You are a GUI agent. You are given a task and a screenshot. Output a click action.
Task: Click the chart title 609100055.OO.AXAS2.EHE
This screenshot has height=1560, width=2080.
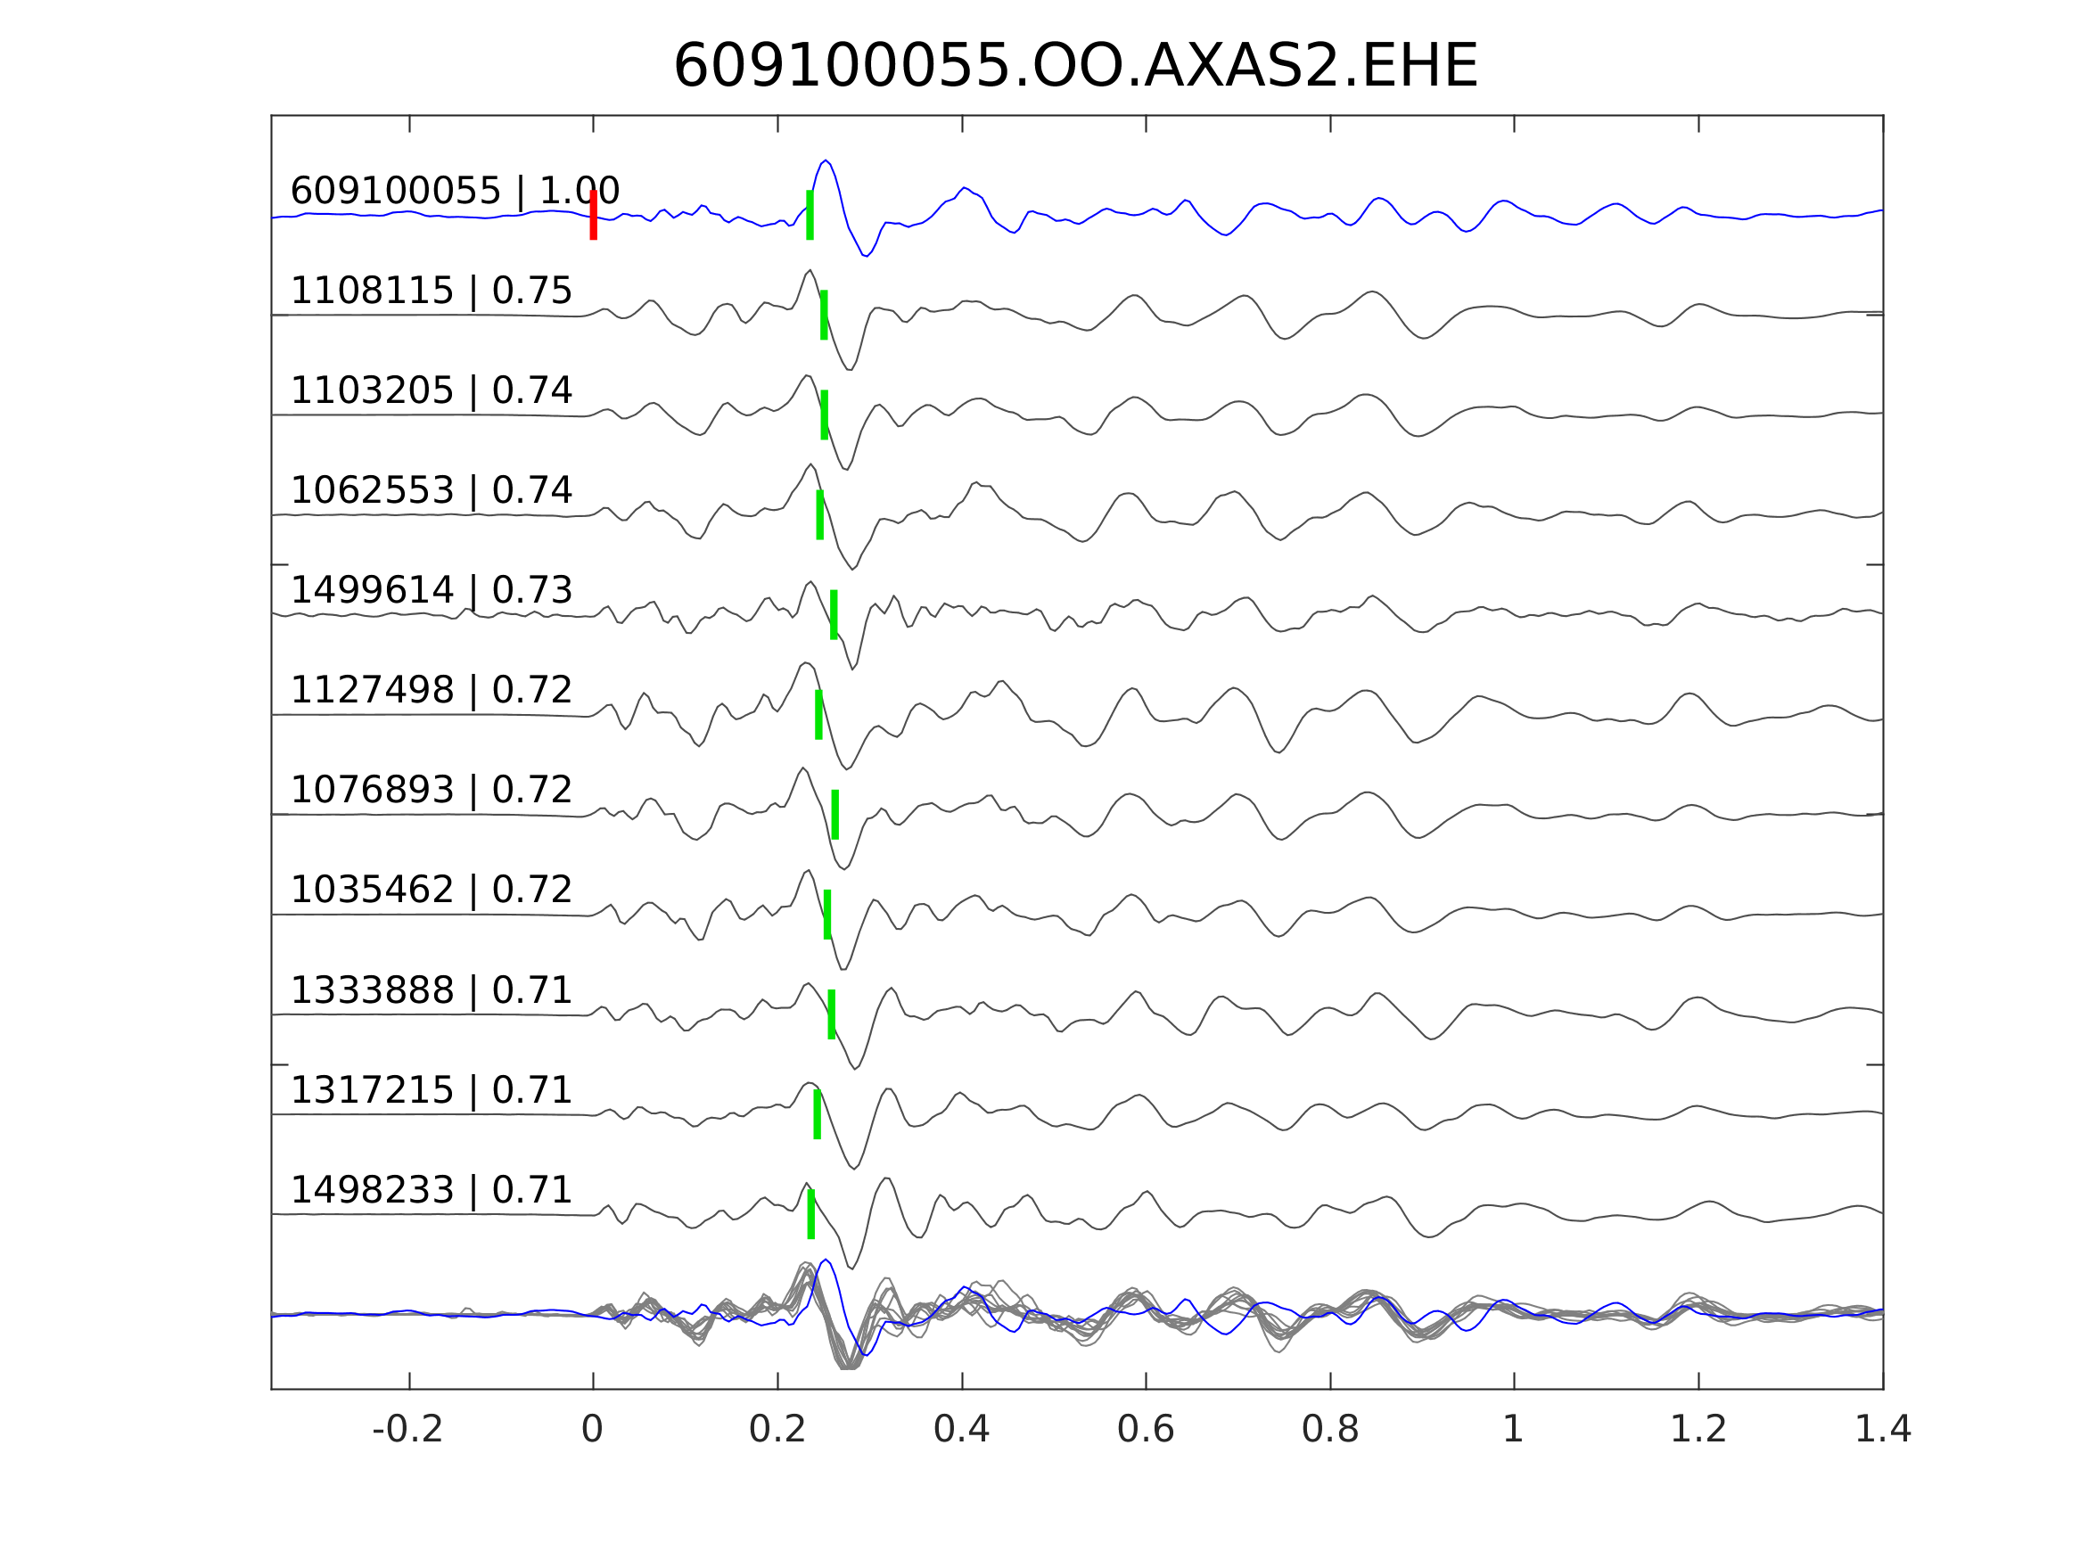pyautogui.click(x=1075, y=67)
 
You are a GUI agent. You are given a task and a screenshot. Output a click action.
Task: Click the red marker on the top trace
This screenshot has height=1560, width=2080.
pyautogui.click(x=594, y=216)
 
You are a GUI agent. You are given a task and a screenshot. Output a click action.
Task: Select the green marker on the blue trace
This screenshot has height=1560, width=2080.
pyautogui.click(x=810, y=216)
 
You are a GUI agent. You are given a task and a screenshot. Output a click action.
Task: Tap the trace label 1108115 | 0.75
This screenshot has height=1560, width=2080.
pyautogui.click(x=431, y=291)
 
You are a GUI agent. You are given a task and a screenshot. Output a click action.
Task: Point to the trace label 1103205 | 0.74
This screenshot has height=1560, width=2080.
pyautogui.click(x=431, y=391)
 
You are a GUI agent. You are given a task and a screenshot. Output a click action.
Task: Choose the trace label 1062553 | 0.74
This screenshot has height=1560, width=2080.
pyautogui.click(x=431, y=491)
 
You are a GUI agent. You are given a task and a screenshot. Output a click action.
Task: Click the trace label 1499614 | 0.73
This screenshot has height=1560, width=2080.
pyautogui.click(x=431, y=590)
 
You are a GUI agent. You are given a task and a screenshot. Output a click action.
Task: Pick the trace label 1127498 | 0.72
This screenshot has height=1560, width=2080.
pyautogui.click(x=431, y=690)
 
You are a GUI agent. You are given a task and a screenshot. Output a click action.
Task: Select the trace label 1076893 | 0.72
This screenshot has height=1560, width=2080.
pyautogui.click(x=431, y=790)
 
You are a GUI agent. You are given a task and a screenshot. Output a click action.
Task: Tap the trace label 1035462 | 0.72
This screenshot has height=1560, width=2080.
pyautogui.click(x=431, y=890)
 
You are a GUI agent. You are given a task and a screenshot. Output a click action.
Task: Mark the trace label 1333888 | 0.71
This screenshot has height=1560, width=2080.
pyautogui.click(x=431, y=990)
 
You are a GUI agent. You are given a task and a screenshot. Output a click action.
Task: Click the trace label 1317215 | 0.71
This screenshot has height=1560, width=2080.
pyautogui.click(x=431, y=1090)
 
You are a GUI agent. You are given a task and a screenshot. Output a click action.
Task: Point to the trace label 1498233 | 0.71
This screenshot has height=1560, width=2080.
pyautogui.click(x=431, y=1189)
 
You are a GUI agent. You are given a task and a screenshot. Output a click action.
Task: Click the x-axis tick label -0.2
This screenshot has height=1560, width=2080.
pyautogui.click(x=407, y=1430)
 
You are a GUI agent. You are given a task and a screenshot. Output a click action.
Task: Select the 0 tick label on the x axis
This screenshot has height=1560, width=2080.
pyautogui.click(x=592, y=1430)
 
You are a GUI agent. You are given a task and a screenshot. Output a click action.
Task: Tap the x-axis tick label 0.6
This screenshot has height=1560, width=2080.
pyautogui.click(x=1146, y=1430)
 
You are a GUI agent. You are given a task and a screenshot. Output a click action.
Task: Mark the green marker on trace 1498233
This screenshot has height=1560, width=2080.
pyautogui.click(x=810, y=1214)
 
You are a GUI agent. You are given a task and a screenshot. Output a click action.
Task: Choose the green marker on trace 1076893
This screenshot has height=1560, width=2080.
pyautogui.click(x=835, y=815)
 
